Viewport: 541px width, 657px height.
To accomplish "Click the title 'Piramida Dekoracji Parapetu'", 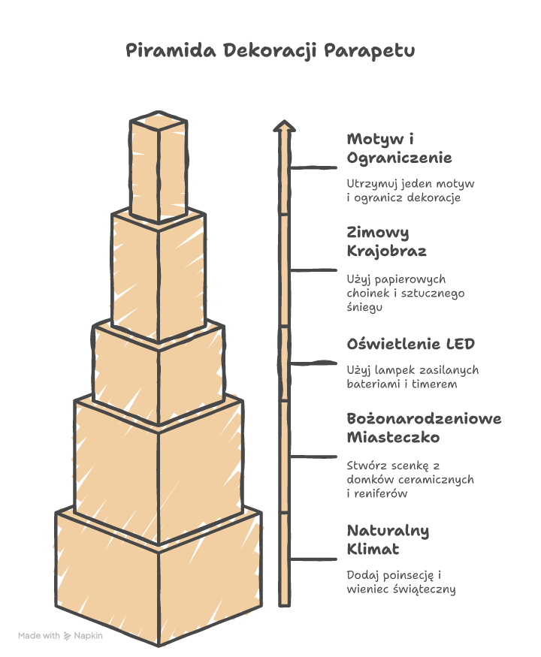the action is click(270, 51).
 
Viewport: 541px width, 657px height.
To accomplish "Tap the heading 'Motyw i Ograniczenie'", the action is click(399, 149).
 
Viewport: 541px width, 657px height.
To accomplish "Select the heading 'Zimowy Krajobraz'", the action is click(386, 242).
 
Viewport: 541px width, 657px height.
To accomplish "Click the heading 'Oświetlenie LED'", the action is click(410, 344).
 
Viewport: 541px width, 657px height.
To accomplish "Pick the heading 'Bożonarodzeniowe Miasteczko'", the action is click(424, 428).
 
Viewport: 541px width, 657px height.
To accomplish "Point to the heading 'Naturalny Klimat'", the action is click(388, 540).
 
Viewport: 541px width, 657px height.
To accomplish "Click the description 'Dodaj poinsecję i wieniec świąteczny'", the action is click(401, 582).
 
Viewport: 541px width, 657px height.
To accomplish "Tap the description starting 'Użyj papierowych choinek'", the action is click(406, 293).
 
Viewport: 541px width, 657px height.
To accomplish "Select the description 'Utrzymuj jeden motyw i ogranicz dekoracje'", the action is click(410, 191).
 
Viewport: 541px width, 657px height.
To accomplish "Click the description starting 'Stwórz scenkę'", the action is click(410, 479).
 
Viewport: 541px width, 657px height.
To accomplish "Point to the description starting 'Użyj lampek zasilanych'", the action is click(413, 377).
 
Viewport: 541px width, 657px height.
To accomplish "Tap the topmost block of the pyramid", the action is click(159, 167).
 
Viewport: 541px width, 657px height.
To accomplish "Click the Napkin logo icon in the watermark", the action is click(67, 636).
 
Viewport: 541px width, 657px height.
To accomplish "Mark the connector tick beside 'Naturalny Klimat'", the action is click(313, 559).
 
